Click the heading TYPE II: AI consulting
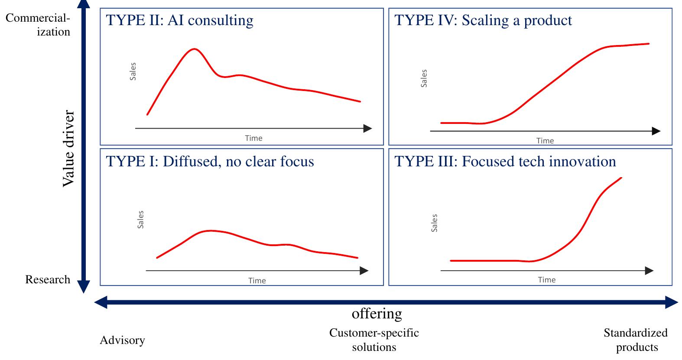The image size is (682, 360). coord(180,21)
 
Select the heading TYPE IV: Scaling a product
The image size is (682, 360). coord(483,21)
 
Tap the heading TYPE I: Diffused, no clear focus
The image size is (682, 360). coord(210,162)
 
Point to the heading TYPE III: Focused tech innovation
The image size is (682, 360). coord(505,162)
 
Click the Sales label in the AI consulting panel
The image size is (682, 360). coord(133,71)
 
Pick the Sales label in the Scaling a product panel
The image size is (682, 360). coord(424,78)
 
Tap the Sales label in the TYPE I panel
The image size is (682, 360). coord(140,220)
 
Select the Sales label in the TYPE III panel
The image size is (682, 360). coord(435,223)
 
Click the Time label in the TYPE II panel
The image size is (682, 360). coord(253,138)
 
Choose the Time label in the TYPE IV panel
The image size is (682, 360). coord(545,140)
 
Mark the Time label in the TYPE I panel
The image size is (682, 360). coord(257,280)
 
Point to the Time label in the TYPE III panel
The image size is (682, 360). coord(547,280)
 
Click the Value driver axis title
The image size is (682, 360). coord(68,149)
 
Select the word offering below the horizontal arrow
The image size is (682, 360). coord(377,313)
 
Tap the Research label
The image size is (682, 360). coord(48,279)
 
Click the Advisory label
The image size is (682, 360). coord(122,341)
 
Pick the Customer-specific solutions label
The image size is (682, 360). coord(374,340)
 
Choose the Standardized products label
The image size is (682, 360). coord(636,340)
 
